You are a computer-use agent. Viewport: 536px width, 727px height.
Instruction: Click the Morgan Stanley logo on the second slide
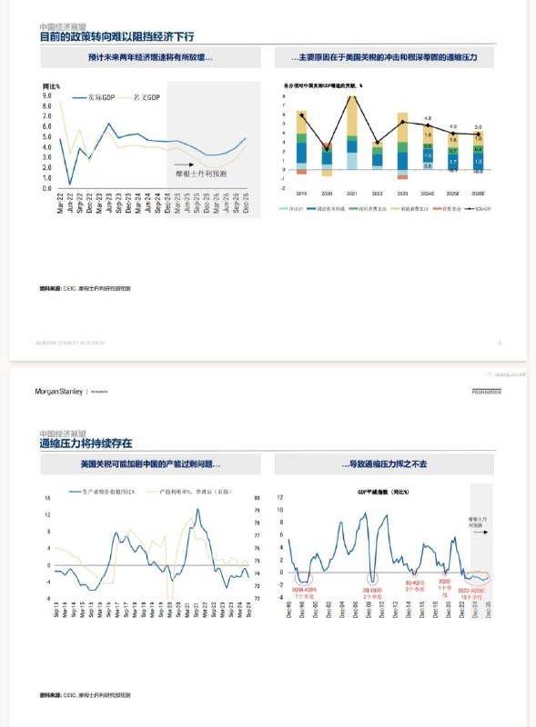point(60,391)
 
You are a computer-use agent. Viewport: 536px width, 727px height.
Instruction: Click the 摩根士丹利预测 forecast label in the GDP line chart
point(201,172)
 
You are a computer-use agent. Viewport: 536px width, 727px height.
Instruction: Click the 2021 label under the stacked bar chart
point(352,193)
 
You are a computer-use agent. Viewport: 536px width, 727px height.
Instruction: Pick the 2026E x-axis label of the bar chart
point(478,193)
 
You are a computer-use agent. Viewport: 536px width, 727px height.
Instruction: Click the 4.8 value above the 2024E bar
point(428,119)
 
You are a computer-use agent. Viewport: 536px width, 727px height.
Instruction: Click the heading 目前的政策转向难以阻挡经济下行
point(117,37)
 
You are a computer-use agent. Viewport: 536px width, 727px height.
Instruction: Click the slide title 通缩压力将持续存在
point(86,443)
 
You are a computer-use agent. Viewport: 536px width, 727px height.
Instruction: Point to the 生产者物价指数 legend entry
point(108,492)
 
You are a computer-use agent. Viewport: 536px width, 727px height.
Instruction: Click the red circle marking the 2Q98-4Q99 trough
point(303,577)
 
